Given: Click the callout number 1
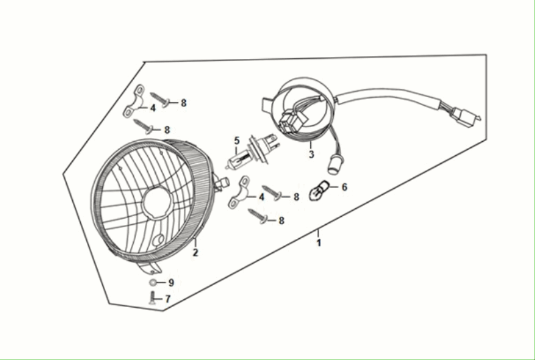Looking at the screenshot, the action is (x=319, y=243).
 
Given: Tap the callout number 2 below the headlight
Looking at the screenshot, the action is (x=195, y=253).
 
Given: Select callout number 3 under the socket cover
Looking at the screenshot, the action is (x=311, y=154).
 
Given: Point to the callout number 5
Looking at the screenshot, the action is (x=237, y=141).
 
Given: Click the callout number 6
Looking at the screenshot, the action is (x=344, y=187).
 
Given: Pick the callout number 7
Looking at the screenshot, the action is (x=168, y=299).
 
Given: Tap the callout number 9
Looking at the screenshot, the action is (x=171, y=282).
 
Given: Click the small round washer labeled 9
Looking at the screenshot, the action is (x=153, y=283).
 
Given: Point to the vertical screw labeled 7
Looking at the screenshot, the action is (x=152, y=298).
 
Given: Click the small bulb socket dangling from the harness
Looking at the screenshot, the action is (x=333, y=165).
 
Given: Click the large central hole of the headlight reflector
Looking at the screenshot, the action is (x=157, y=202).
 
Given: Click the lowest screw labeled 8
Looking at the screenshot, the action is (x=257, y=216).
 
